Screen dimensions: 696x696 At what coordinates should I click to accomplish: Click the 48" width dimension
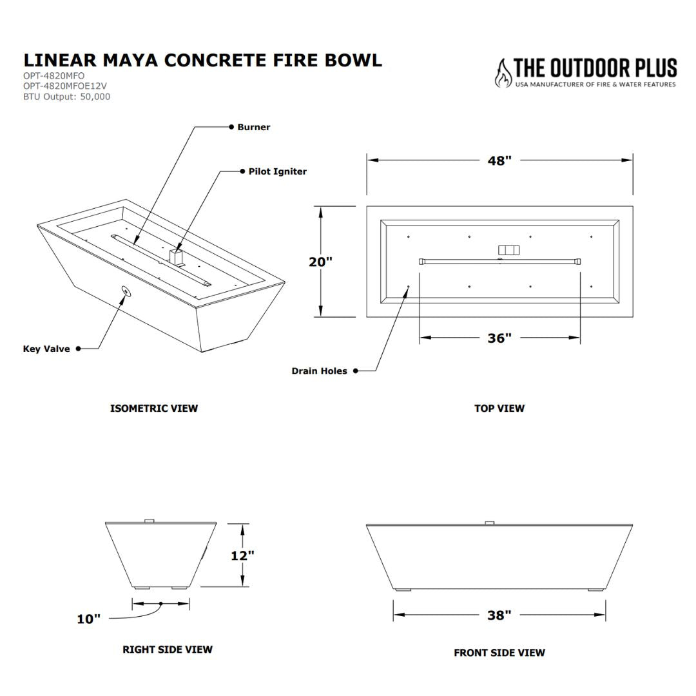click(x=499, y=160)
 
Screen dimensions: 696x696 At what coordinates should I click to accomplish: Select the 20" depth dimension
click(x=320, y=262)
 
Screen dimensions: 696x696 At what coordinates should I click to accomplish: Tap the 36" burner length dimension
click(x=499, y=338)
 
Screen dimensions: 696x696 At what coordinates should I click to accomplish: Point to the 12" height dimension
click(x=242, y=556)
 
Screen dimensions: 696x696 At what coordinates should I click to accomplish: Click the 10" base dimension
click(x=89, y=619)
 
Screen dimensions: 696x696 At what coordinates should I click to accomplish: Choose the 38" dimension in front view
click(x=499, y=615)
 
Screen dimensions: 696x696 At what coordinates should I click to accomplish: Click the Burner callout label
click(x=253, y=127)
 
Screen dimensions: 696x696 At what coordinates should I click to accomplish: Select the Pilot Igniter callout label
click(x=277, y=171)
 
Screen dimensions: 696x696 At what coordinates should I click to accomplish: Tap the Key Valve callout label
click(x=46, y=349)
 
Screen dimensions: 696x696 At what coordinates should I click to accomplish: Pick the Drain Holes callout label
click(x=319, y=371)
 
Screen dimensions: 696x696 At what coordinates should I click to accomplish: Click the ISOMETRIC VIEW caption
click(x=154, y=408)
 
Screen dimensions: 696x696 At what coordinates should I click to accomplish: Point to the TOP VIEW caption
click(x=499, y=408)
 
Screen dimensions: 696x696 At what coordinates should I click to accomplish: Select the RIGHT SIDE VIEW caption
click(x=168, y=649)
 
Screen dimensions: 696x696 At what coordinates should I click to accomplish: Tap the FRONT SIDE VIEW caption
click(x=499, y=653)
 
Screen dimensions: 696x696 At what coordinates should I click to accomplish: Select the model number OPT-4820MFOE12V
click(x=64, y=86)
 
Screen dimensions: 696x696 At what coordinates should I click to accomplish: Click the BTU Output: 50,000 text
click(x=66, y=97)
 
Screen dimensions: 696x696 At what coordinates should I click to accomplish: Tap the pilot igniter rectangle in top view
click(x=508, y=249)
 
